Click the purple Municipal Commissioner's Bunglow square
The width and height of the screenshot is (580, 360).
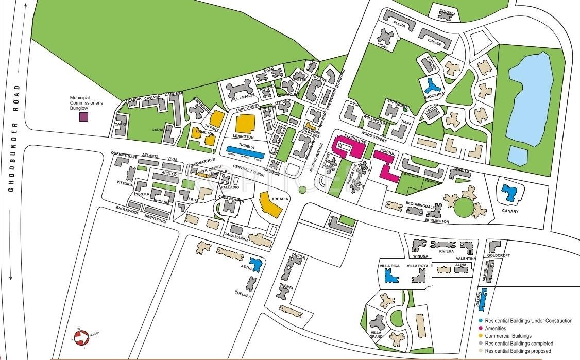point(83,117)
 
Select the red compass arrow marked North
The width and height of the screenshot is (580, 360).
point(81,338)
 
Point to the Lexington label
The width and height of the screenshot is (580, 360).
point(243,137)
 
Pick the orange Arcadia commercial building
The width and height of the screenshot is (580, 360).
point(270,205)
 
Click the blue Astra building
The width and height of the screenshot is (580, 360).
point(255,264)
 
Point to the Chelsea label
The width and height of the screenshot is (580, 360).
point(243,295)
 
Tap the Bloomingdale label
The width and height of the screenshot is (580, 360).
point(421,203)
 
